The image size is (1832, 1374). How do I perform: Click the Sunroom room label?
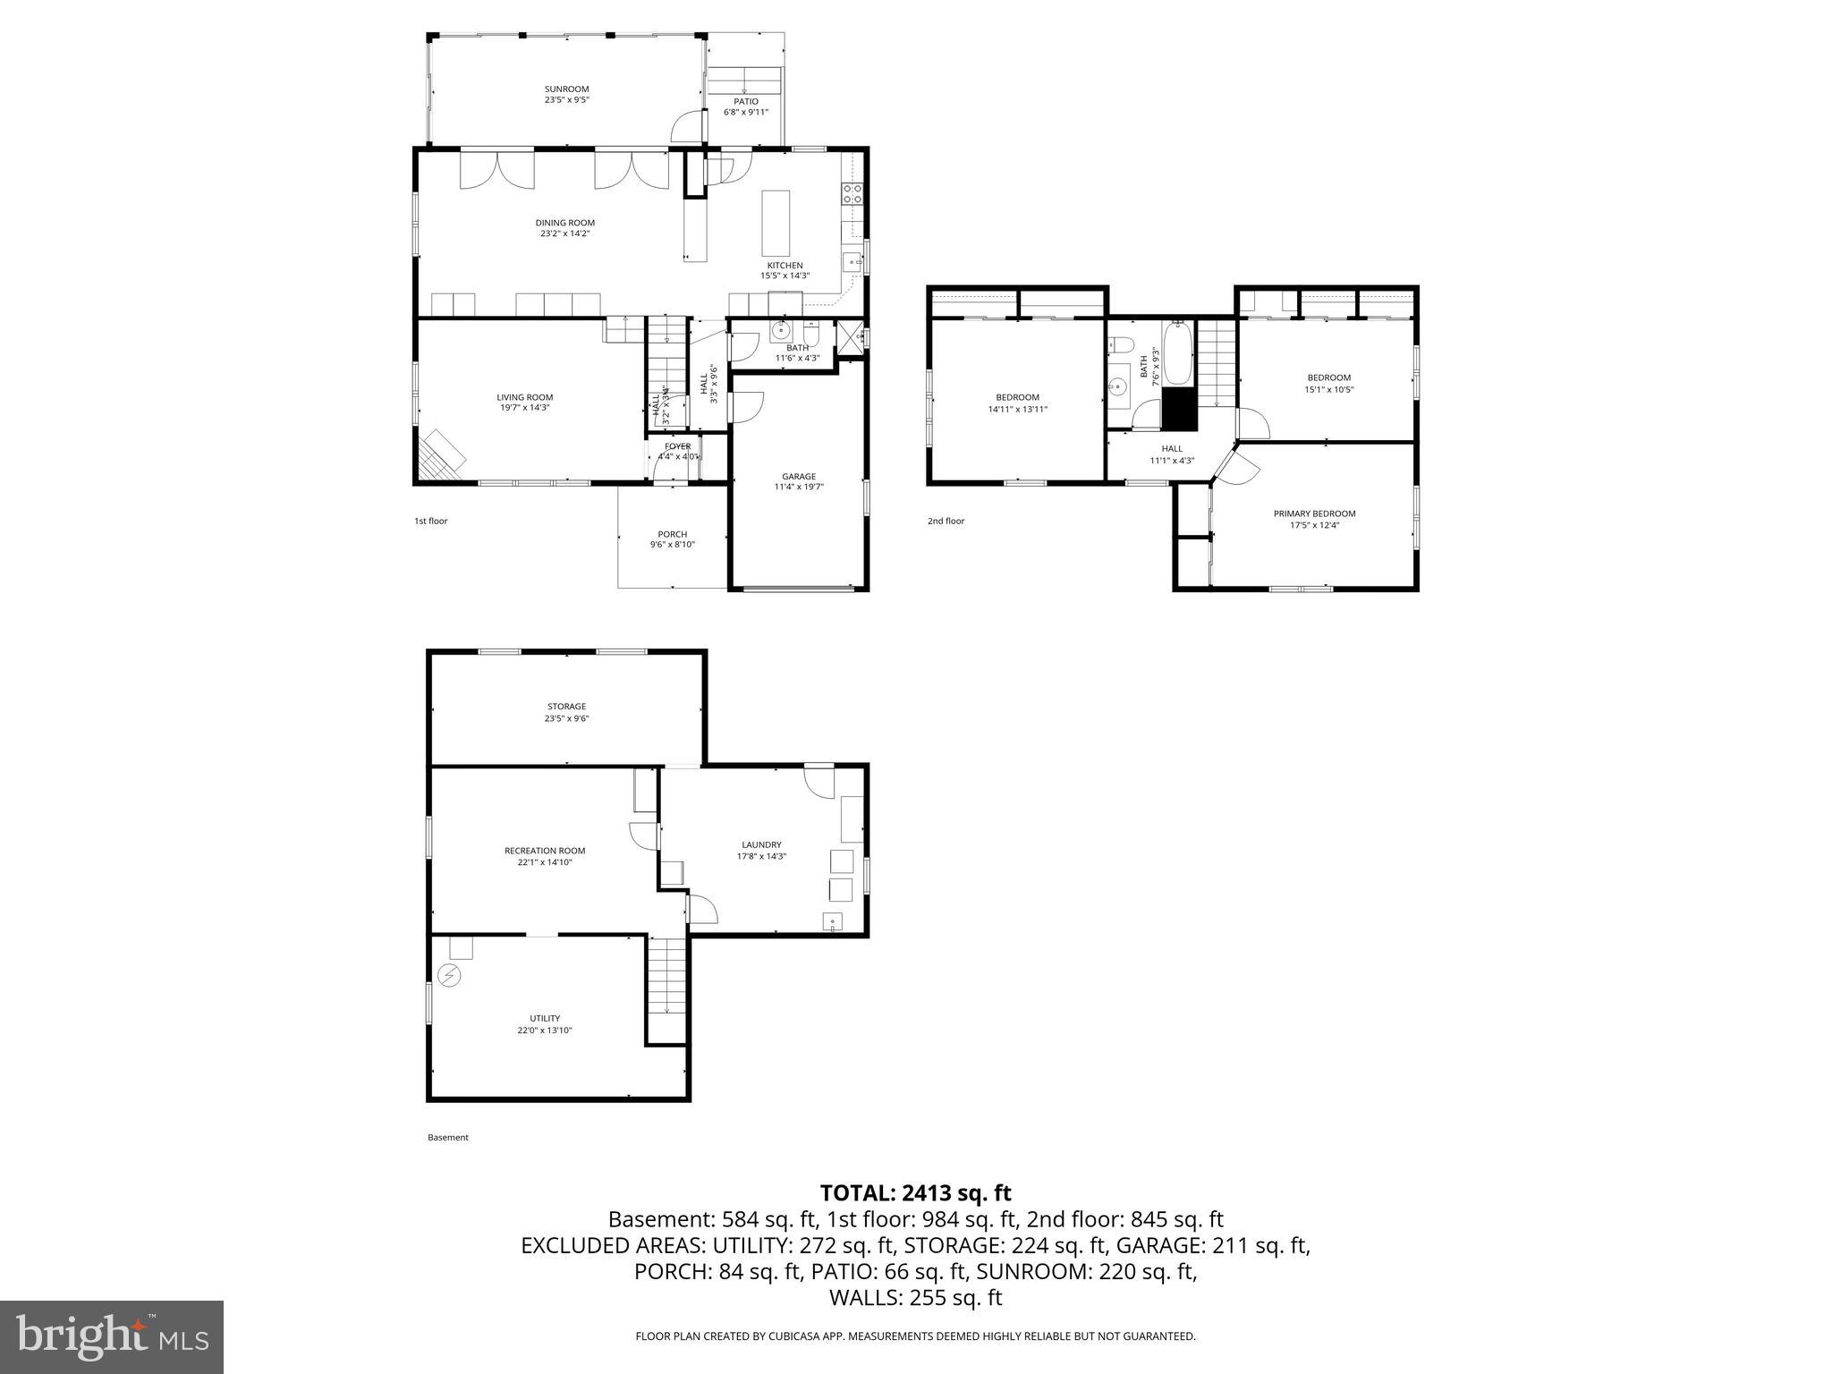[x=566, y=89]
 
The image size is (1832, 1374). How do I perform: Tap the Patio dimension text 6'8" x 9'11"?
[x=745, y=113]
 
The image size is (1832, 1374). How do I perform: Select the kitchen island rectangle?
[x=776, y=223]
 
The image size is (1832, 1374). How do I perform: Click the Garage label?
[x=798, y=476]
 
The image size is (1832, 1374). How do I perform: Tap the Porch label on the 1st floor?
[x=672, y=534]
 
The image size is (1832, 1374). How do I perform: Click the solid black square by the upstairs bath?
[x=1179, y=409]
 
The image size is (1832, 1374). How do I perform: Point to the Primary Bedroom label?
[x=1313, y=513]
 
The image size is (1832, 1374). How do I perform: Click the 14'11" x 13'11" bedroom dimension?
[x=1017, y=409]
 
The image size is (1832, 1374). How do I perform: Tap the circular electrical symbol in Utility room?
[x=449, y=975]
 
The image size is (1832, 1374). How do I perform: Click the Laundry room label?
[x=761, y=844]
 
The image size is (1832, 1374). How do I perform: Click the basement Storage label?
[x=566, y=707]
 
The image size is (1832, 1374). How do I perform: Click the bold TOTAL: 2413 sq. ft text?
[x=915, y=1192]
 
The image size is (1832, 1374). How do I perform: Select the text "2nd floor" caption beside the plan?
[x=946, y=521]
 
